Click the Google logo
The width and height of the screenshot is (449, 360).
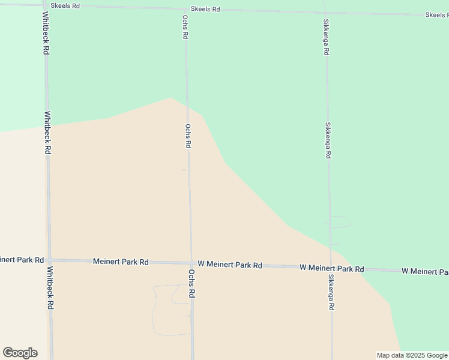tap(20, 353)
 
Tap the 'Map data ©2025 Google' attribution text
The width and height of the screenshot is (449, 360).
tap(412, 355)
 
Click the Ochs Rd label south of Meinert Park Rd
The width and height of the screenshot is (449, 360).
tap(192, 284)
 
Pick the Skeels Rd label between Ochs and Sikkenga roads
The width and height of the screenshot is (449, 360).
tap(205, 10)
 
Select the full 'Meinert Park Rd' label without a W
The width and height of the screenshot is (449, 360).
tap(121, 262)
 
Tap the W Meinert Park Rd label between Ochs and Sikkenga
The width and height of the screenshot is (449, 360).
tap(230, 265)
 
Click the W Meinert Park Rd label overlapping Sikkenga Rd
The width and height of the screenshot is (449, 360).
tap(332, 268)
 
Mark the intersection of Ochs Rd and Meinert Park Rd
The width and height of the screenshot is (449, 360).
tap(191, 263)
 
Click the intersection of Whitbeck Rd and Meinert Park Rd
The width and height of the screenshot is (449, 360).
tap(49, 260)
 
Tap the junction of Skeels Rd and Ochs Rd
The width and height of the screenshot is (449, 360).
tap(185, 8)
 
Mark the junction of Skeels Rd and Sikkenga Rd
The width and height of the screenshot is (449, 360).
tap(325, 12)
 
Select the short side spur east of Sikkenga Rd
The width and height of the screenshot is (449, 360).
tap(340, 227)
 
